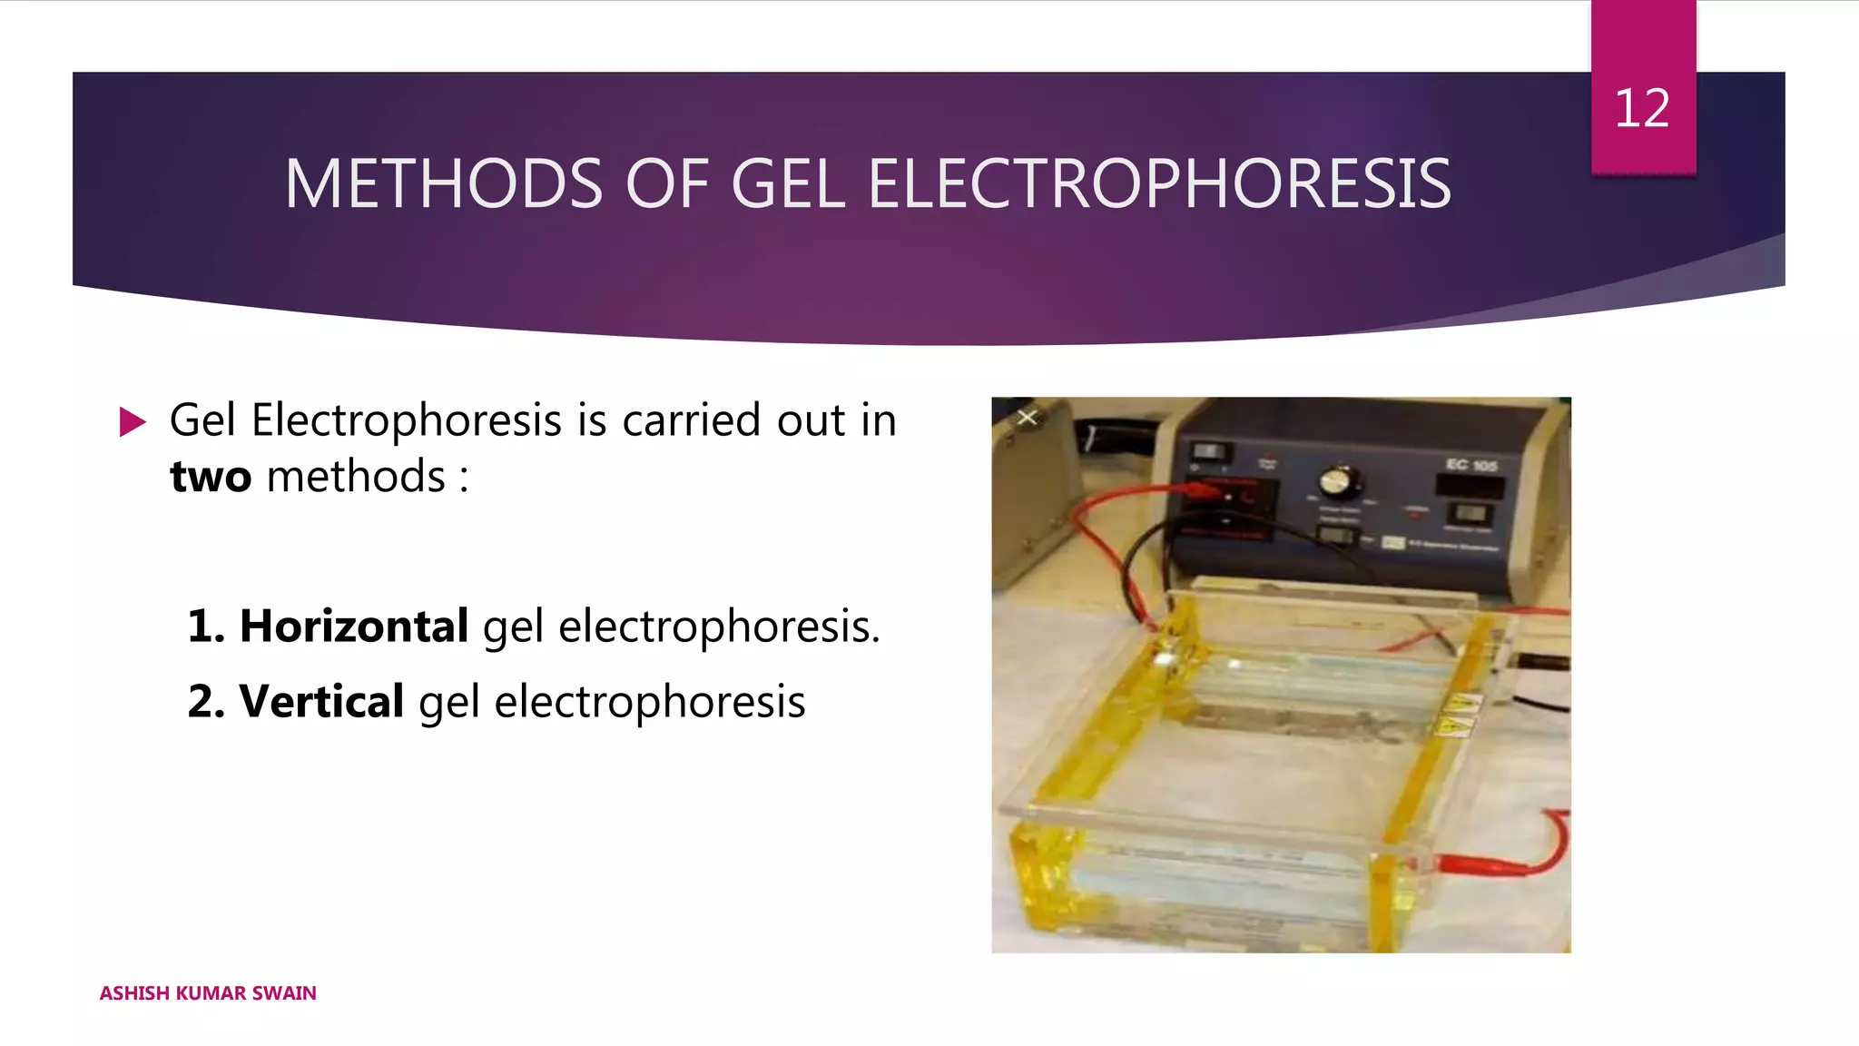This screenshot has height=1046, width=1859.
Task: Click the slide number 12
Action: [1641, 108]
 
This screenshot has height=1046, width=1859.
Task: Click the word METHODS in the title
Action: [443, 184]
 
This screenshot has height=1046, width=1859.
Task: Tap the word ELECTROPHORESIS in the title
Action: [1159, 184]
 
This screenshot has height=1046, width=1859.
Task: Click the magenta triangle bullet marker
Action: [132, 421]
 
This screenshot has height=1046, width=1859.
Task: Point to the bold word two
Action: [211, 477]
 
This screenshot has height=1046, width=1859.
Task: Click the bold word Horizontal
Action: [353, 626]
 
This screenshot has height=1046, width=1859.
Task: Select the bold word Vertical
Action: [321, 701]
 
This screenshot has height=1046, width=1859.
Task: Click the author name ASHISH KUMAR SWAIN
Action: [208, 993]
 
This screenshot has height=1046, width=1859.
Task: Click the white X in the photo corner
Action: [1027, 418]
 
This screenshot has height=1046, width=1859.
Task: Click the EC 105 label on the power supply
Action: [1470, 465]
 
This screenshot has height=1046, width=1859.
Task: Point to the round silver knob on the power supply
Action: [1336, 479]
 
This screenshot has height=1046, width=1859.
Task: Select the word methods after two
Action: [356, 477]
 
